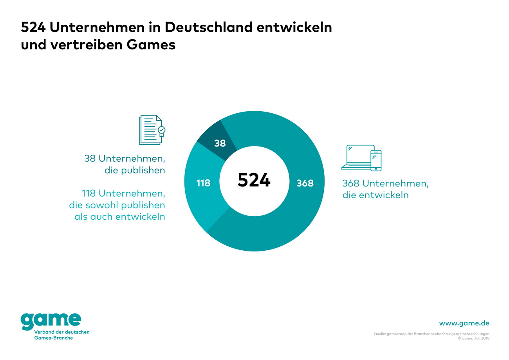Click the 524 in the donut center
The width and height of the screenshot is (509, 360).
254,180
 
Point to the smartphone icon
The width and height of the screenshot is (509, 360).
376,160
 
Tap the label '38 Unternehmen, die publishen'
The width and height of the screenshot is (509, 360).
125,164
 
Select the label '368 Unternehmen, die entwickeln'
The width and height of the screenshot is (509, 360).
385,189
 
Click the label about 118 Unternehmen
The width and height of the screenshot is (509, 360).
117,205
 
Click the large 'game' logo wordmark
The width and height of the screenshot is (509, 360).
51,321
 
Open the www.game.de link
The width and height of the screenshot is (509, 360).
464,323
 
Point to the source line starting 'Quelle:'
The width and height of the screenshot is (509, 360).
431,334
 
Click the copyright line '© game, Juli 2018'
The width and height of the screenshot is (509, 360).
473,338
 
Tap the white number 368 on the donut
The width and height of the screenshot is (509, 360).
305,183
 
